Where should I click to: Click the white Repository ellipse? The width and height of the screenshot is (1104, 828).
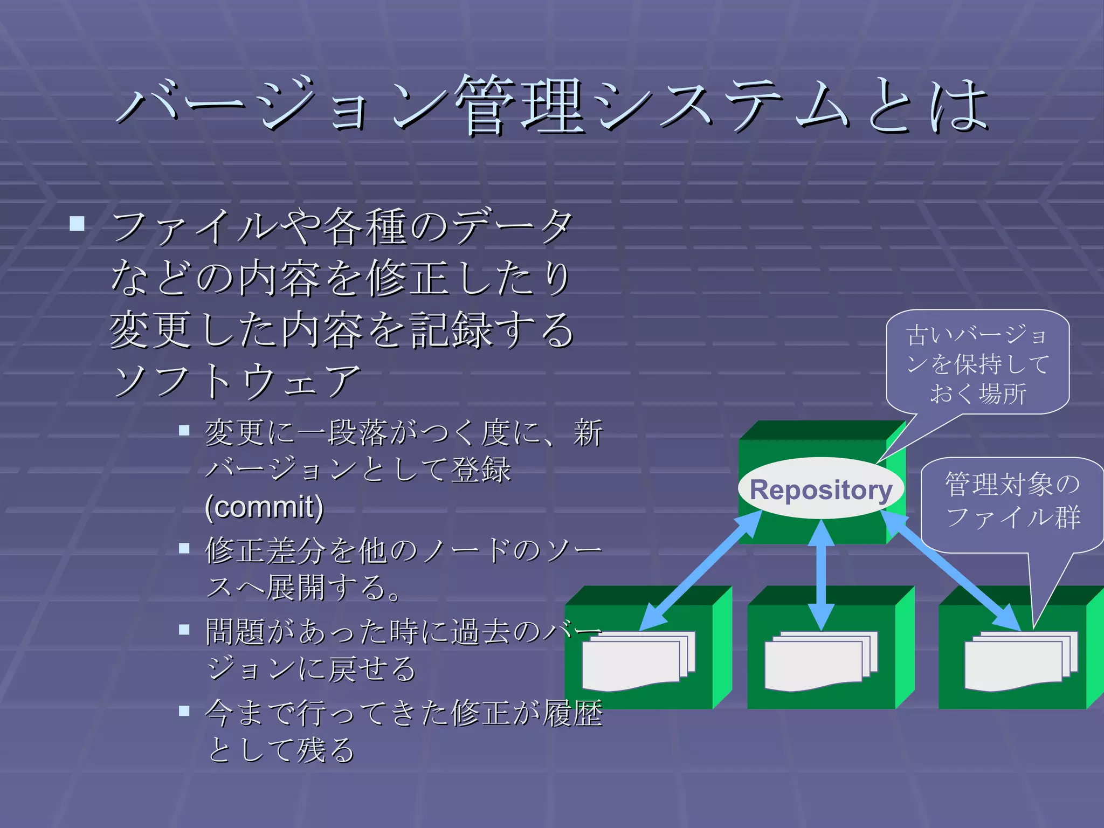820,489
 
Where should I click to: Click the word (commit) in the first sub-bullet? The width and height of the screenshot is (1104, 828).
264,507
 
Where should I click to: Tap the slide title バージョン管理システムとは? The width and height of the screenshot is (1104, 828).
552,105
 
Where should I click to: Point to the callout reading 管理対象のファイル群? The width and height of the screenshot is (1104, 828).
1012,501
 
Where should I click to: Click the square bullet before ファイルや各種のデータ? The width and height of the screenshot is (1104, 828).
77,223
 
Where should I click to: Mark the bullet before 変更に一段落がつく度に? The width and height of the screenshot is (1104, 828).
184,430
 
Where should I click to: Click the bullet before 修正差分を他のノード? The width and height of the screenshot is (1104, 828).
184,548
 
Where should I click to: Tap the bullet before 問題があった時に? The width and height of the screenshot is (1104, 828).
184,629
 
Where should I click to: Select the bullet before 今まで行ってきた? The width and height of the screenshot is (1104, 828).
184,710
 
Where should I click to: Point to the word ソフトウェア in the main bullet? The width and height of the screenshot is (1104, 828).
236,381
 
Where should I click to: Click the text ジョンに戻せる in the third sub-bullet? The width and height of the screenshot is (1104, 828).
312,669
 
